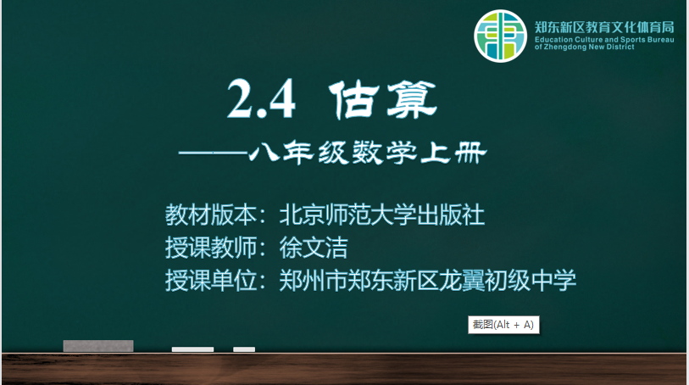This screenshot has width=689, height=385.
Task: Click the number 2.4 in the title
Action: point(262,99)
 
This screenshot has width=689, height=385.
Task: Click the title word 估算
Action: point(383,99)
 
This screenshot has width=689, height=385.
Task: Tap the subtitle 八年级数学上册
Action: point(368,153)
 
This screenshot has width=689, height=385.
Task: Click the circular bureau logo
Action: point(500,36)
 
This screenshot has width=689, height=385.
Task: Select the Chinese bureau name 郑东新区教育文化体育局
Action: point(604,27)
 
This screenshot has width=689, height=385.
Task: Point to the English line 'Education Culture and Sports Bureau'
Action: point(604,40)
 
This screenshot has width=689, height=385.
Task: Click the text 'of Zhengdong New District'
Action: point(585,47)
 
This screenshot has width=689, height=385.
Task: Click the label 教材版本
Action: point(211,215)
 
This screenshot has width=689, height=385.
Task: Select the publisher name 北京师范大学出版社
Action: point(382,215)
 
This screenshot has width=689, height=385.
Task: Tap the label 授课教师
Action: point(211,248)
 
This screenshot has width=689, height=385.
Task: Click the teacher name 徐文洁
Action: point(314,248)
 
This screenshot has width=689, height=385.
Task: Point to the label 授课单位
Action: point(211,280)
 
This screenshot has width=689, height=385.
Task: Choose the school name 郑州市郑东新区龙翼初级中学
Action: point(427,280)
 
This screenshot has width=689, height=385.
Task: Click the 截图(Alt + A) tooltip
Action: point(503,325)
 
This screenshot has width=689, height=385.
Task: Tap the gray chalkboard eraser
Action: point(98,346)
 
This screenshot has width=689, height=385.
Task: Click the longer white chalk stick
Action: point(193,349)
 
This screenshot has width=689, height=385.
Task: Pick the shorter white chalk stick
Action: point(244,349)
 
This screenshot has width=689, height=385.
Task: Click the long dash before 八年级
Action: point(213,153)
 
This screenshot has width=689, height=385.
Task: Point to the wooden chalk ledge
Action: point(344,369)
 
